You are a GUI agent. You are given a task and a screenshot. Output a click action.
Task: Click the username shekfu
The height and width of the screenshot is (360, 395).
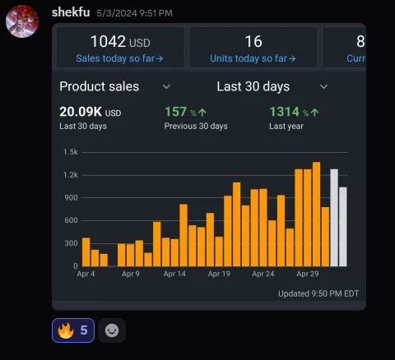(x=70, y=12)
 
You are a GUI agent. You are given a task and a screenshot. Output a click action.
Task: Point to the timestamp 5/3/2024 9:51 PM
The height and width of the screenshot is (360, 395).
(x=134, y=13)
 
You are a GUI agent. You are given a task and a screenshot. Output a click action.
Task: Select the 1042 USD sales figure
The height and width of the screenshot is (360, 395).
(x=119, y=42)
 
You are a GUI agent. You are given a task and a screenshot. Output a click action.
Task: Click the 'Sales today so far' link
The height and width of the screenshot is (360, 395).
(x=119, y=58)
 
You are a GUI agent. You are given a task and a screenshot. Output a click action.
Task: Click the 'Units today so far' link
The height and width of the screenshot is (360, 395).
(x=253, y=58)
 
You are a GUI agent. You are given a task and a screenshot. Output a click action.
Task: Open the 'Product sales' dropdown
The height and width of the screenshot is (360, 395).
(x=115, y=86)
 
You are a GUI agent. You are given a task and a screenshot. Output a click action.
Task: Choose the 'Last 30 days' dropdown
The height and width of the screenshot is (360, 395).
(x=272, y=86)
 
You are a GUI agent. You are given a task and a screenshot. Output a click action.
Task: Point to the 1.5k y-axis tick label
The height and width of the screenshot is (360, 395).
(x=70, y=152)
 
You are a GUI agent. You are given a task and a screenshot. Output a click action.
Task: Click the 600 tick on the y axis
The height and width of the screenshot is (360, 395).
(x=70, y=220)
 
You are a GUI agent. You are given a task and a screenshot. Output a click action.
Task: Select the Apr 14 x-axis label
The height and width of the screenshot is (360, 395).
(x=174, y=274)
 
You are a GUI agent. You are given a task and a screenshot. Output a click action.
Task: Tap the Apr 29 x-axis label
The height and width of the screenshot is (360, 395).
(x=308, y=274)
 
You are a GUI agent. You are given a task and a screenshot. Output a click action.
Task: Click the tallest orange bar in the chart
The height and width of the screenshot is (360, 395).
(x=316, y=214)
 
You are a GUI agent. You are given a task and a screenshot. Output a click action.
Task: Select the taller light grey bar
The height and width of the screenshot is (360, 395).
(x=334, y=218)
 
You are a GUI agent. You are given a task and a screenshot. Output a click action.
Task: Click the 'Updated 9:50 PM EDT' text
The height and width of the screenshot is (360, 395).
(x=318, y=293)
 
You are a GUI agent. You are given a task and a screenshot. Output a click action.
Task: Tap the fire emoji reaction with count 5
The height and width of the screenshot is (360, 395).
(x=73, y=330)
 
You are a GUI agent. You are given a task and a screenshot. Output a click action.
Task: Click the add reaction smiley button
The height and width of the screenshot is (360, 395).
(x=112, y=330)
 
